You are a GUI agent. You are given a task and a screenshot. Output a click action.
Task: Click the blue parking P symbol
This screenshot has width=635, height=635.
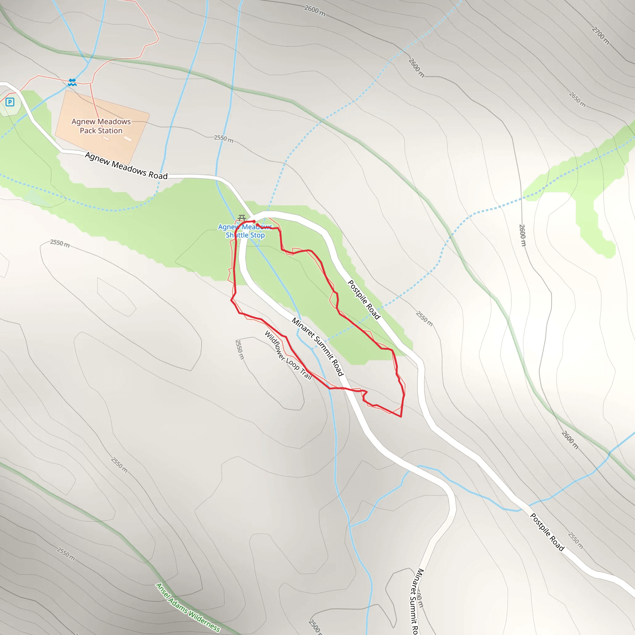tap(10, 102)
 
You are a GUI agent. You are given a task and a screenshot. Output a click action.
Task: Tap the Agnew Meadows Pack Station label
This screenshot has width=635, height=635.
tap(101, 126)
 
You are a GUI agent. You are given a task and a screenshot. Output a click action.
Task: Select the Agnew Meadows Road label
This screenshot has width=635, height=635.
tap(126, 166)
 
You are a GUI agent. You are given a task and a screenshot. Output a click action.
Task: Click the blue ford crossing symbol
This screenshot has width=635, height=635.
tap(72, 82)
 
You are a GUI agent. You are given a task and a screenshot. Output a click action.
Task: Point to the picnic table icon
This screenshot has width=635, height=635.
tap(242, 218)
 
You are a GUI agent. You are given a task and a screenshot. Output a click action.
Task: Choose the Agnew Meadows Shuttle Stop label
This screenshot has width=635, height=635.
tap(245, 231)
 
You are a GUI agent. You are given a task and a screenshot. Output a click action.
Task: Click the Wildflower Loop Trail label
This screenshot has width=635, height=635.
tap(288, 355)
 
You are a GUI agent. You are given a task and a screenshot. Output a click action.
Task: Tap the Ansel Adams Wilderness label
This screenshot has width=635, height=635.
tap(188, 607)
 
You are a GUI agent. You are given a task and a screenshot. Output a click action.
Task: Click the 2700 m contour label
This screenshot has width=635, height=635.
tap(601, 35)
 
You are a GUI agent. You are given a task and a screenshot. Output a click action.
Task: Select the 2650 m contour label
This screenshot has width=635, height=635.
tap(577, 99)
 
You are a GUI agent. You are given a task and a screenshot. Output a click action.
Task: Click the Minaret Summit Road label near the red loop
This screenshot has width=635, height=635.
tap(317, 347)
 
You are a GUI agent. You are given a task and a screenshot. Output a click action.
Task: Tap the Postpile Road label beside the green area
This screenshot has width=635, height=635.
tap(364, 300)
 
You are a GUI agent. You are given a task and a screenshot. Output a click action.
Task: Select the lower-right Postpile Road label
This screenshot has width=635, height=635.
tap(547, 532)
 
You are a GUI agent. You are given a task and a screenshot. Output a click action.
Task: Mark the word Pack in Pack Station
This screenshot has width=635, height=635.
tap(88, 131)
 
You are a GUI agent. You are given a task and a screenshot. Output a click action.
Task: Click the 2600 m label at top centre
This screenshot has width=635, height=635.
tap(314, 11)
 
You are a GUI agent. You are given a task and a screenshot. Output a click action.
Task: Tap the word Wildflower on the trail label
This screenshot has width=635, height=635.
tap(275, 345)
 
